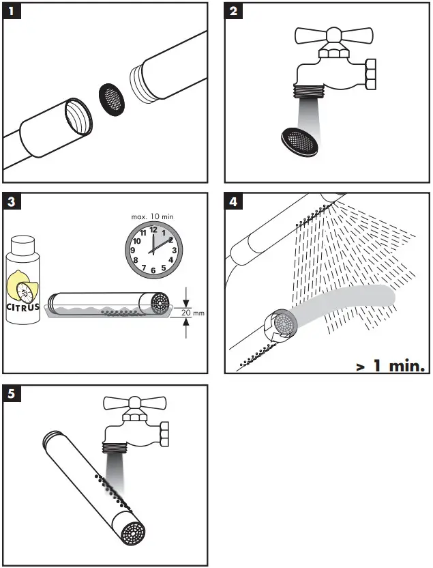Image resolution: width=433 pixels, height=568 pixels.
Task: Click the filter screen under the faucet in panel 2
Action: pyautogui.click(x=298, y=140)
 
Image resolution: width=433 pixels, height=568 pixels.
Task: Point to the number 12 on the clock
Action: pyautogui.click(x=153, y=229)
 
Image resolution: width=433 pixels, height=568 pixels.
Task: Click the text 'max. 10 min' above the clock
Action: pyautogui.click(x=153, y=215)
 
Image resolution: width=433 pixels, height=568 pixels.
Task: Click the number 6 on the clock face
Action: pyautogui.click(x=153, y=270)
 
